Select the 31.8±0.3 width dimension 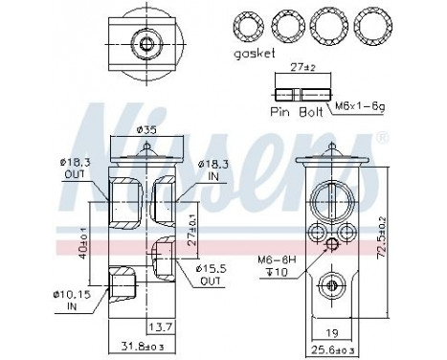pyautogui.click(x=142, y=346)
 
